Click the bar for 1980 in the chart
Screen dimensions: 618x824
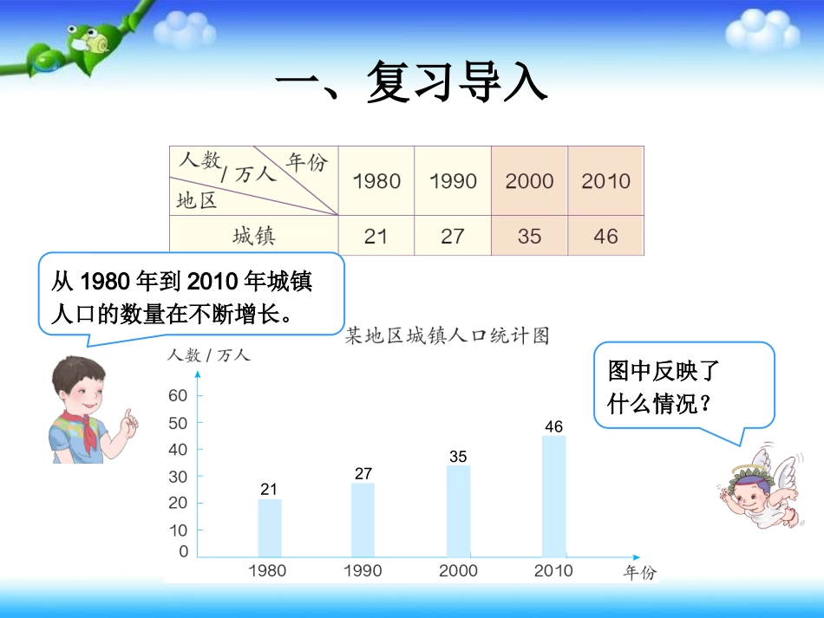point(270,527)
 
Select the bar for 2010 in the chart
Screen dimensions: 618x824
point(554,496)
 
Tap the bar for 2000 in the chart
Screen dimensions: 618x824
point(459,511)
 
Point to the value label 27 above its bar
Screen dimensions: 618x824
point(363,474)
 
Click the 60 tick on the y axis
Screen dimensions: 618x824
point(178,395)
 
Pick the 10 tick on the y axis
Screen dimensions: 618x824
point(178,530)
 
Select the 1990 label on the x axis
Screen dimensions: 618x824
point(363,570)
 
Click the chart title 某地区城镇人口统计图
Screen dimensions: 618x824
point(447,336)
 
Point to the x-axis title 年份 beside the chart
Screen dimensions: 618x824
point(640,572)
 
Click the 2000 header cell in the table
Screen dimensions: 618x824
point(529,181)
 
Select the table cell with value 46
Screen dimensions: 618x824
point(605,236)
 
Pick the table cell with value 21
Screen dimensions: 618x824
point(376,236)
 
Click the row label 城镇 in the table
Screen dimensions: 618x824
point(253,236)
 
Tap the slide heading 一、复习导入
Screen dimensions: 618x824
point(411,83)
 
